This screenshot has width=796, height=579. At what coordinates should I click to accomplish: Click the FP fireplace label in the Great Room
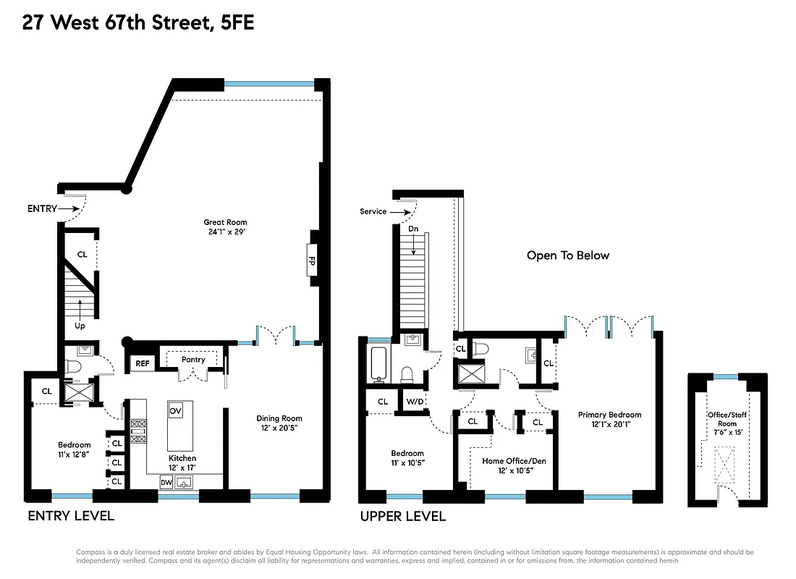click(312, 261)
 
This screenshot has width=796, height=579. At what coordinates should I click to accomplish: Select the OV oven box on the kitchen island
click(175, 410)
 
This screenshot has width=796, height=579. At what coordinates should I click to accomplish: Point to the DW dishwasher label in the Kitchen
click(166, 482)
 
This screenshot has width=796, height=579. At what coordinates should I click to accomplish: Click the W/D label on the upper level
click(415, 401)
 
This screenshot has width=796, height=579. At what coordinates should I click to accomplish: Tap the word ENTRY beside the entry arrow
click(42, 208)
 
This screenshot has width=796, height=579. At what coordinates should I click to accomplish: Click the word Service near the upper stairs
click(373, 211)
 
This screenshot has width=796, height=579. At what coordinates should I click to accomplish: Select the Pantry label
click(193, 360)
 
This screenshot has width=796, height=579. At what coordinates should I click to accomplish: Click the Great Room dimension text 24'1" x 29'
click(226, 233)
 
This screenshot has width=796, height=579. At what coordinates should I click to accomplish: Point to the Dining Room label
click(279, 418)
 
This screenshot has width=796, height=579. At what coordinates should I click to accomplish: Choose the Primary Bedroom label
click(609, 415)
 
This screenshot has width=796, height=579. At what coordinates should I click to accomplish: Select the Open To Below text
click(567, 255)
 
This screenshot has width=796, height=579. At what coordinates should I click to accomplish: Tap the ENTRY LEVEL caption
click(70, 516)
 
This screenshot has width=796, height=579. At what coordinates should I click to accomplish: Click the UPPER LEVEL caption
click(403, 516)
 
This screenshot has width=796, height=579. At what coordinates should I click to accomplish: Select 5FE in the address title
click(235, 23)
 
